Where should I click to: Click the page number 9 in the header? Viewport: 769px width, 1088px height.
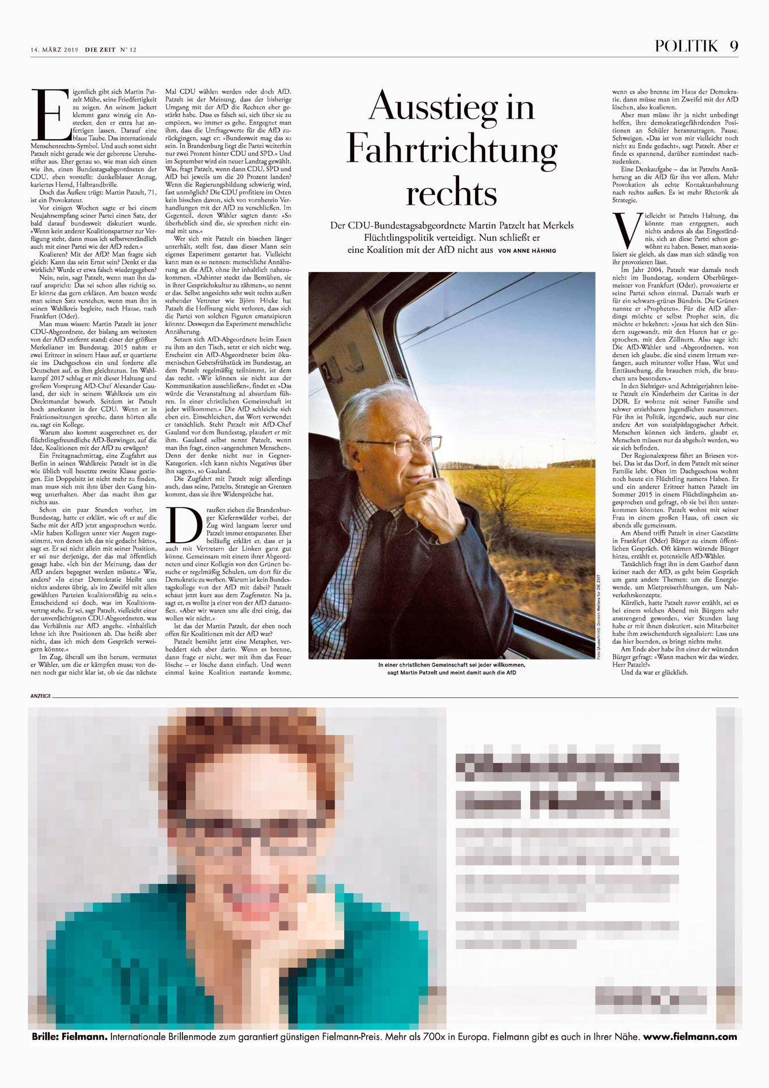coord(734,46)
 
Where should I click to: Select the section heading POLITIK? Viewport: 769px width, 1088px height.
coord(686,46)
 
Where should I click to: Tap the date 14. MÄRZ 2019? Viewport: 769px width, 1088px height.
coord(54,50)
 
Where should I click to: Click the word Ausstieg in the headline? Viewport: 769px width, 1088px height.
coord(452,106)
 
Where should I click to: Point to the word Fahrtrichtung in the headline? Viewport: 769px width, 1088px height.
coord(452,149)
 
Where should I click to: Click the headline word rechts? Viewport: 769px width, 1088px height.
coord(452,193)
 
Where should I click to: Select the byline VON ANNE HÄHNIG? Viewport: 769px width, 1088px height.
coord(527,250)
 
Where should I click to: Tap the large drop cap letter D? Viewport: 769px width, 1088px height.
coord(185,524)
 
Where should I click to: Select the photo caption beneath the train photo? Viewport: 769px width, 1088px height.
coord(452,669)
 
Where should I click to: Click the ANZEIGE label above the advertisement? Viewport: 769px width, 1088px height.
coord(41,696)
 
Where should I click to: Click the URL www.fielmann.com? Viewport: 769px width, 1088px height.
coord(690,1037)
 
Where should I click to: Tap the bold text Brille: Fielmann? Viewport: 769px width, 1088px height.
coord(70,1037)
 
